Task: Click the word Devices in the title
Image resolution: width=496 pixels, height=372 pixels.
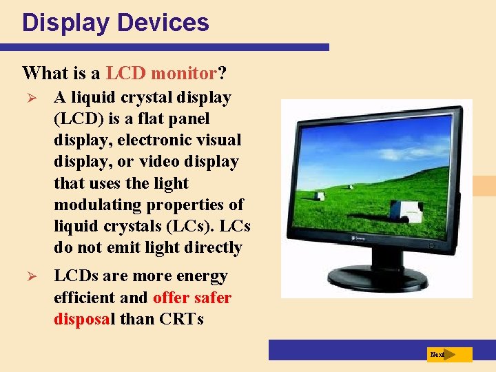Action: click(x=163, y=23)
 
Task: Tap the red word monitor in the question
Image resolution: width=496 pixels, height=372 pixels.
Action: click(x=184, y=72)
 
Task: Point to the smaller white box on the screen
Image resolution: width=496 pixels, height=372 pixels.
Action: click(x=320, y=196)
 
